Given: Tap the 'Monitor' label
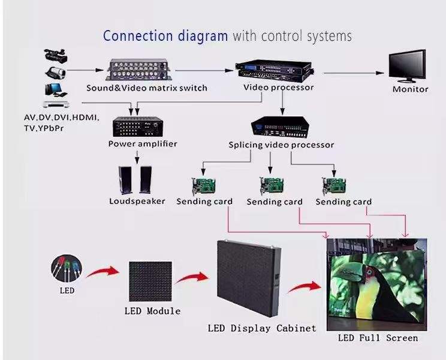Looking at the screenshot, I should (410, 89).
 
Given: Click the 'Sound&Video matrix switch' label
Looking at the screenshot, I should (146, 88).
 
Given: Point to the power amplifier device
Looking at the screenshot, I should (138, 125).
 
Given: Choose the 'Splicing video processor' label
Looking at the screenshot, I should (281, 145).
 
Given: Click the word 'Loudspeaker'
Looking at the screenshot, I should (137, 201).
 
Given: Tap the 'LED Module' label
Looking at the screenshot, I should (152, 311).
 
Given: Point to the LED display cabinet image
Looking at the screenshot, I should (247, 277).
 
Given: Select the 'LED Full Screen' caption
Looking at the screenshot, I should (378, 338).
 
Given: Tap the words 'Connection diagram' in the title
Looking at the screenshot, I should (165, 35).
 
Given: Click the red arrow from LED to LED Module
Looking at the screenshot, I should (103, 274).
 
